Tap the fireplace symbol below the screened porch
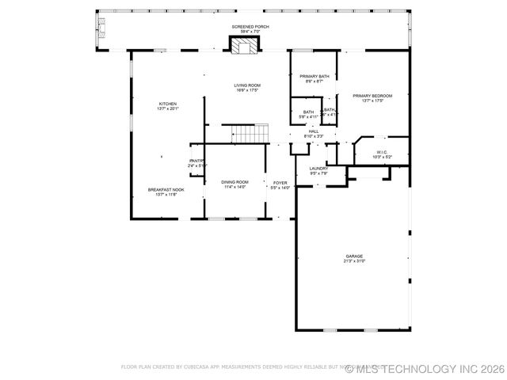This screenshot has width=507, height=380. [245, 46]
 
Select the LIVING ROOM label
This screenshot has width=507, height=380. [247, 85]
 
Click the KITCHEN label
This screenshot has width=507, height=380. [167, 104]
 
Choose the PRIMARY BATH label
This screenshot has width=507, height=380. [314, 77]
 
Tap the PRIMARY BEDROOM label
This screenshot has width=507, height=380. [372, 96]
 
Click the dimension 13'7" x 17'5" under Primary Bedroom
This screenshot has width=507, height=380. [372, 101]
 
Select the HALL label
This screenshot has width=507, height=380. [314, 131]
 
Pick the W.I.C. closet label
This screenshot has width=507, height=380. [382, 152]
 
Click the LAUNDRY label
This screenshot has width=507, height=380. [318, 169]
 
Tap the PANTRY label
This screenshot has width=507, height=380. [196, 161]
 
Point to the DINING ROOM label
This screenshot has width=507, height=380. [234, 182]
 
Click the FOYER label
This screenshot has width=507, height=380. [280, 183]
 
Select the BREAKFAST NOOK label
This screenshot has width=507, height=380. [166, 189]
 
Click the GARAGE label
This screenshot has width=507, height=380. [354, 256]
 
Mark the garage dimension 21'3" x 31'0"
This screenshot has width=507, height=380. [354, 261]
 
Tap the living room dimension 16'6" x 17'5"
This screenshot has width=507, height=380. [247, 90]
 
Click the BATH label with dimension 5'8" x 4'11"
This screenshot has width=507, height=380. [308, 112]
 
